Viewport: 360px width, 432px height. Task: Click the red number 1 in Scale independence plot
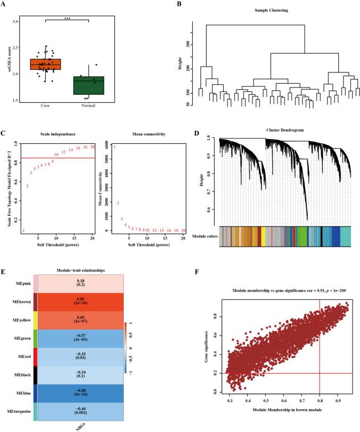point(23,231)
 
